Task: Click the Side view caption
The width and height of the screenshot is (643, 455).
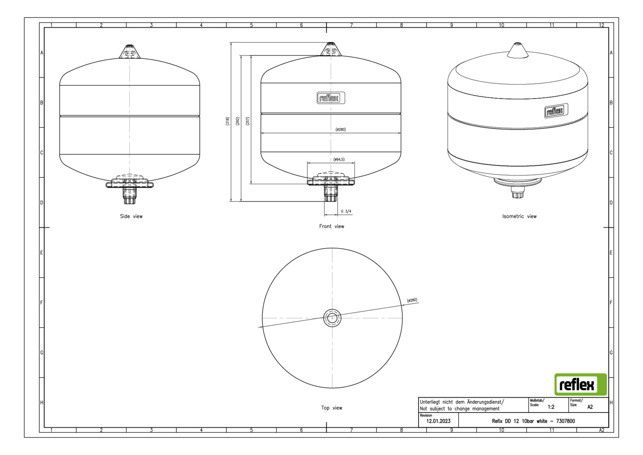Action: tap(131, 216)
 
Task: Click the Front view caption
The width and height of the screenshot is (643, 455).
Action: tap(331, 226)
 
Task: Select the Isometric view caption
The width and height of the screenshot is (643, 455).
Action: tap(519, 216)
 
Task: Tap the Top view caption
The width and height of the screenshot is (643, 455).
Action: tap(332, 408)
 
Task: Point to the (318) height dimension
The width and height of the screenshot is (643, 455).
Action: tap(227, 121)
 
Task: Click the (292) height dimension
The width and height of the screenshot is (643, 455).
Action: tap(237, 121)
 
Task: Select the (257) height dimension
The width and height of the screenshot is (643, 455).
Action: tap(247, 121)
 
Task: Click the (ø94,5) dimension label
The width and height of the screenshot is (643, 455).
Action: tap(339, 159)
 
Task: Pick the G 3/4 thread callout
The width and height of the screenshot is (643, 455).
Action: tap(346, 211)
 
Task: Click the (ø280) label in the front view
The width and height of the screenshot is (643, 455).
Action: tap(341, 129)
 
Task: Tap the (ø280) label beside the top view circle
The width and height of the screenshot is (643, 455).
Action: tap(412, 300)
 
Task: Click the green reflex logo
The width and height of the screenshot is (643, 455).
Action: tap(580, 384)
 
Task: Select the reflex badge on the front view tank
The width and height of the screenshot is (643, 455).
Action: tap(331, 98)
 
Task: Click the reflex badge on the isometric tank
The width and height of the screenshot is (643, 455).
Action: tap(556, 111)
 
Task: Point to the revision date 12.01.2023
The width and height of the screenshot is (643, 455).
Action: tap(438, 421)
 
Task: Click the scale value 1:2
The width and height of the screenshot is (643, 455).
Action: tap(551, 407)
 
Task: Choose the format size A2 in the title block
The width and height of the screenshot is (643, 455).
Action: tap(590, 407)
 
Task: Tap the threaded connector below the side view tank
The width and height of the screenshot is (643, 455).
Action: tap(129, 194)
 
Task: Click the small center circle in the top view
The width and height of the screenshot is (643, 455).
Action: tap(332, 318)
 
